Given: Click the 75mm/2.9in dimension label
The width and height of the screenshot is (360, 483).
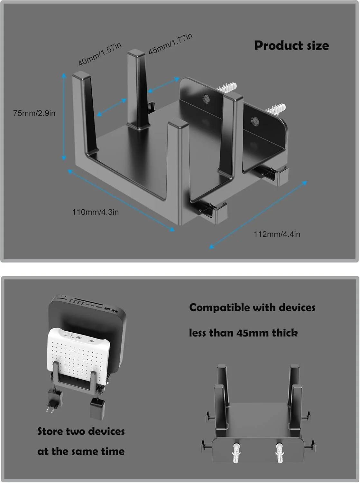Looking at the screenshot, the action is (34, 113).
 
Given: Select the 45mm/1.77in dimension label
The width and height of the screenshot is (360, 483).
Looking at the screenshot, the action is (171, 44).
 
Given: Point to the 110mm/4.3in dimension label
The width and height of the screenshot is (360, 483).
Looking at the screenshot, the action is (95, 212).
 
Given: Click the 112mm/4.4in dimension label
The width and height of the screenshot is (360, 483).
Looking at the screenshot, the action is (277, 234).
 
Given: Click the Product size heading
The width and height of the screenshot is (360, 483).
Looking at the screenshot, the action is (291, 45).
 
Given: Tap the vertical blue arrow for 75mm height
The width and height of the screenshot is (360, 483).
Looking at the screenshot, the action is (64, 117).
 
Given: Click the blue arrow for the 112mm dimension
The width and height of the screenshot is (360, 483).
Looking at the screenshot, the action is (258, 215).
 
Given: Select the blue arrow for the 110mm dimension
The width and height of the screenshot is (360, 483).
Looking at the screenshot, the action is (121, 200).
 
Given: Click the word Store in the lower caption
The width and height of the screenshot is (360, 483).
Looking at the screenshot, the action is (50, 431).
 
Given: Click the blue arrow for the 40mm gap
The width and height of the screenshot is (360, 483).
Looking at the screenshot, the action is (112, 107).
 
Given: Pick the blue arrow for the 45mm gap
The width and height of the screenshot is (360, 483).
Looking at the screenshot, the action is (164, 85).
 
